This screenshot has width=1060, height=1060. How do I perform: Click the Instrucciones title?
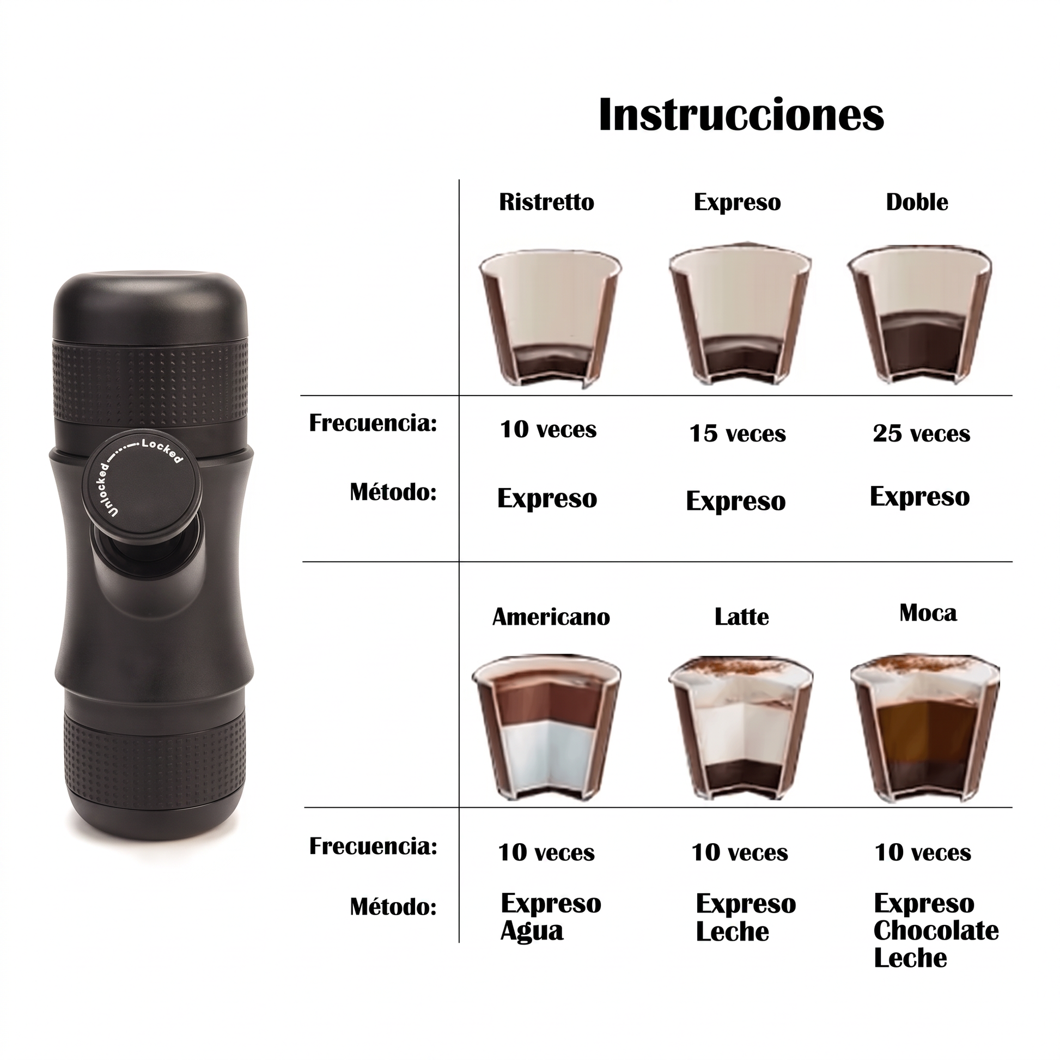click(741, 115)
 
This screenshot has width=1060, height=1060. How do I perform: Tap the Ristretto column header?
click(546, 202)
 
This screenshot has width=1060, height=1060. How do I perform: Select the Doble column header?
click(917, 202)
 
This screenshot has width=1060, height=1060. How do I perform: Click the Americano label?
click(551, 617)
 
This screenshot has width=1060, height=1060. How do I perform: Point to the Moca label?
click(928, 613)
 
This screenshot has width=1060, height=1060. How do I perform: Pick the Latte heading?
click(741, 617)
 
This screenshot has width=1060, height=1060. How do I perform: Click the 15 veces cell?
click(738, 434)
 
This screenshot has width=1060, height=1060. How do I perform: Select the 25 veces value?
click(921, 434)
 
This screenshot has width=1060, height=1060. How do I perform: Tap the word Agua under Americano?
click(532, 932)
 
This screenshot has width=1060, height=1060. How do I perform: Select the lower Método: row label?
click(393, 907)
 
